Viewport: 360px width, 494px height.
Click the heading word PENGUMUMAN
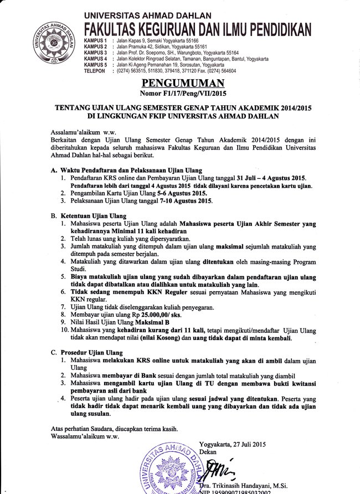click(x=179, y=84)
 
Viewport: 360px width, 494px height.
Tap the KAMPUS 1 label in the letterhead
click(x=95, y=42)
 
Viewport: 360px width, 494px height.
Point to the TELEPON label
click(x=94, y=71)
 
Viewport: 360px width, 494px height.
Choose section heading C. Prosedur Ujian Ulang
click(x=86, y=352)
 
